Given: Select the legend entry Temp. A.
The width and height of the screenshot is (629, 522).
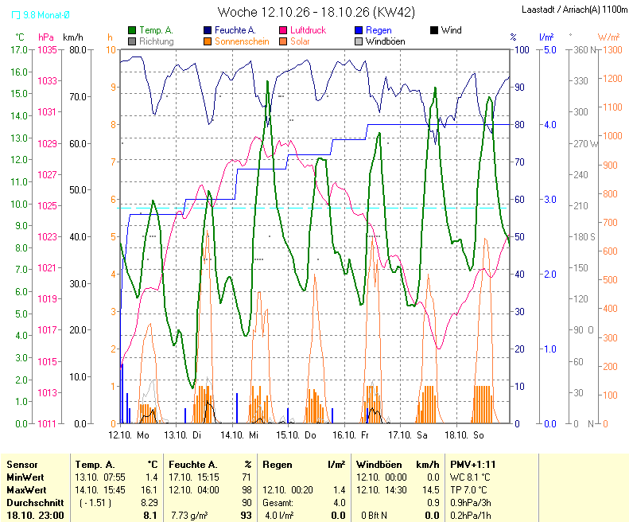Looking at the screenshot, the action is click(150, 30).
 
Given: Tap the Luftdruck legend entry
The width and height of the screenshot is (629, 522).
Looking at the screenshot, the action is click(302, 30).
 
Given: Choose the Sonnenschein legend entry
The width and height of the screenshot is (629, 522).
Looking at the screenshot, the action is click(236, 41).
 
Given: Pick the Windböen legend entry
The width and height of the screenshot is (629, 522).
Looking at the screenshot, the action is click(380, 41).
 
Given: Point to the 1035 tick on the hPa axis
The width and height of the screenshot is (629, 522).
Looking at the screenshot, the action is click(48, 50).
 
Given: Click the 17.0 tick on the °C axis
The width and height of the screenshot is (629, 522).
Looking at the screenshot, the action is click(19, 50).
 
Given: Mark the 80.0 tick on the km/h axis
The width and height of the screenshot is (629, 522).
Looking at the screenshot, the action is click(78, 50).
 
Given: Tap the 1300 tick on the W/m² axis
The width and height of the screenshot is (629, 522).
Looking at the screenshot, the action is click(611, 50).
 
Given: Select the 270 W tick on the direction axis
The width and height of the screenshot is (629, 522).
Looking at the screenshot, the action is click(585, 143).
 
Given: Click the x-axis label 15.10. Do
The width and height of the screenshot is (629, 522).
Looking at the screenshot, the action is click(296, 435).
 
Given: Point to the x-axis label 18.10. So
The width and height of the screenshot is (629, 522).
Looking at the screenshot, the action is click(464, 435).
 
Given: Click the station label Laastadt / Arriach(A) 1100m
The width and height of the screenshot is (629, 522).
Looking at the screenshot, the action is click(575, 10).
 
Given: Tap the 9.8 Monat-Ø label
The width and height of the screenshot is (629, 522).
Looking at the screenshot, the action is click(41, 15).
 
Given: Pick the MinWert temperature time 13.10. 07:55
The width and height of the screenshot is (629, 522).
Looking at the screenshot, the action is click(100, 477).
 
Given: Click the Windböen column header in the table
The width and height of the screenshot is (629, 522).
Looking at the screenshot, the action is click(379, 465).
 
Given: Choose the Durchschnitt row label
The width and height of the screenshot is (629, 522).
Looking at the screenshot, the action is click(35, 503).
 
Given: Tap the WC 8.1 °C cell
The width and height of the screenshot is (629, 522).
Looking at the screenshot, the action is click(470, 477).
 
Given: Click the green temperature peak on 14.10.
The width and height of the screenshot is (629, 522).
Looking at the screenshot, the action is click(267, 81).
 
